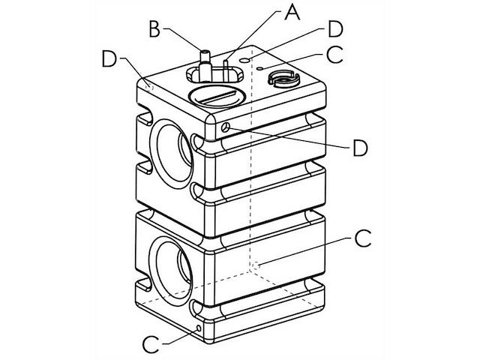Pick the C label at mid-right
coord(362,238)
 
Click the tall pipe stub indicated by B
coord(202,60)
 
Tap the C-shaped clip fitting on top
coord(283,77)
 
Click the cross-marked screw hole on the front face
coord(225,128)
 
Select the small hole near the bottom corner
coord(199,328)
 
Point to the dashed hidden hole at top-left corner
coord(150,86)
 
